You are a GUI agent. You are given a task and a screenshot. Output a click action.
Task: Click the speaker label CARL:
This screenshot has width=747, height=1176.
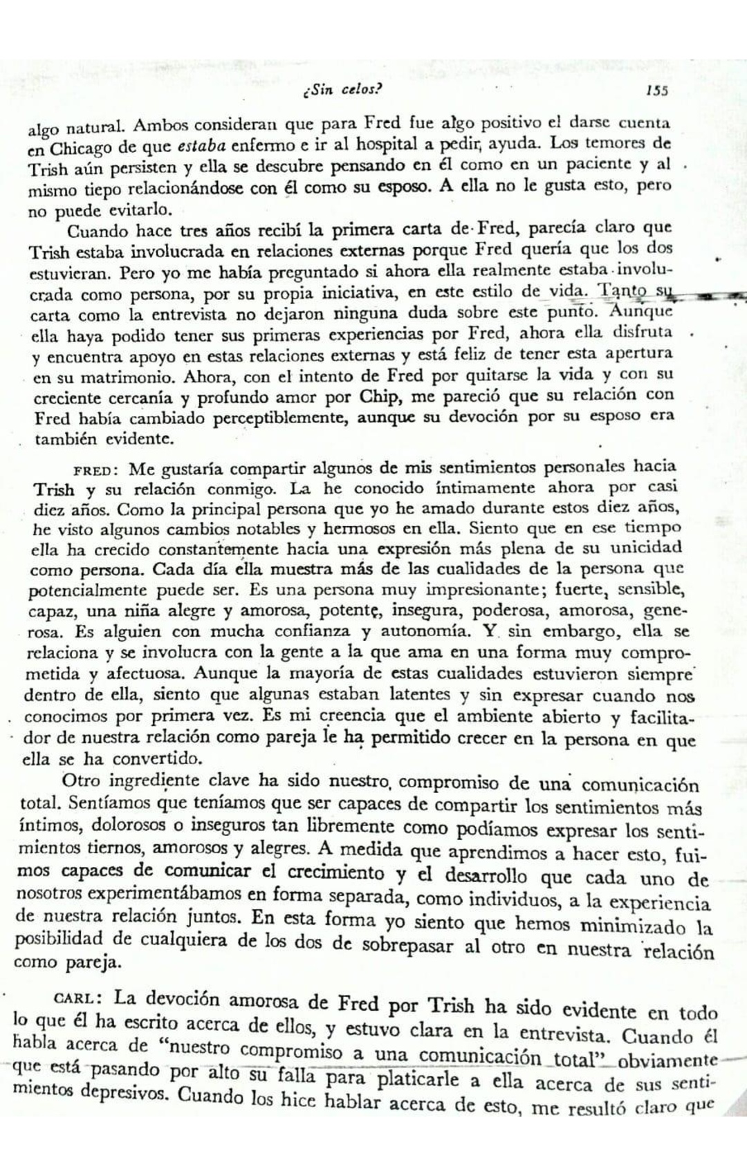coord(79,1000)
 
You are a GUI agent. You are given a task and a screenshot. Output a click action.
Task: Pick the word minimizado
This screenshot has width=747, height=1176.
coord(631,926)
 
